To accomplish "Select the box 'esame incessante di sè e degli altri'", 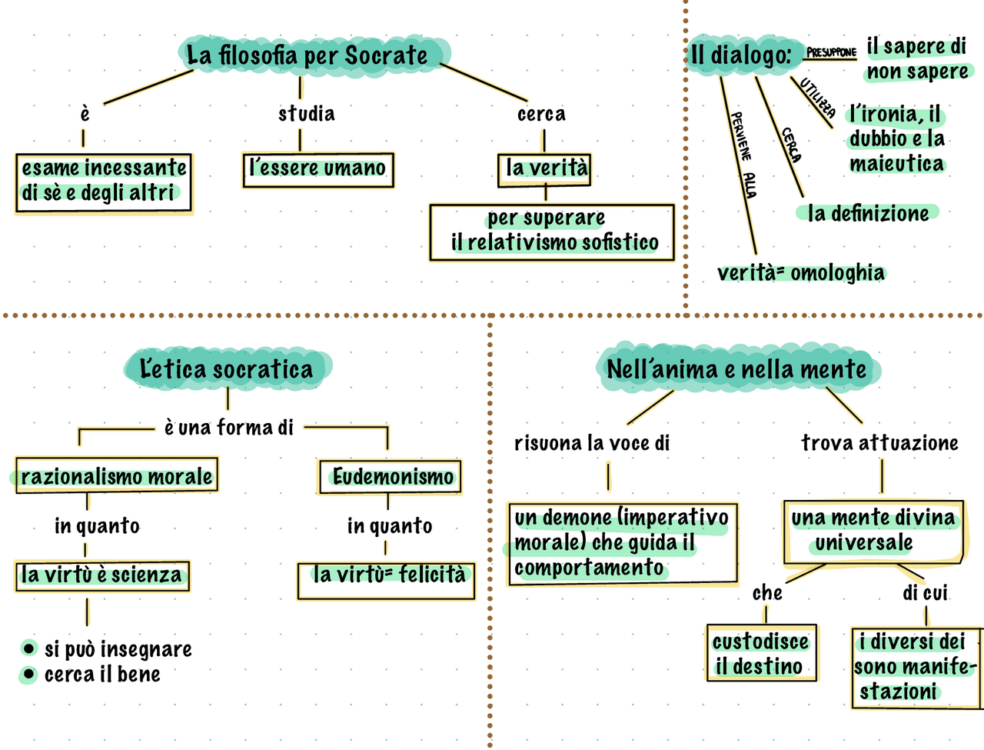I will point(104,182).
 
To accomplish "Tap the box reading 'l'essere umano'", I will point(317,168).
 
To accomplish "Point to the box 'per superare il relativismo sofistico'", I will point(551,231).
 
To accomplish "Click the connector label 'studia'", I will point(306,114).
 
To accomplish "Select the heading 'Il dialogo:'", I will point(740,55).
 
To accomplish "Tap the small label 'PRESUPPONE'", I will point(831,53).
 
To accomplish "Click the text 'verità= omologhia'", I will point(800,273).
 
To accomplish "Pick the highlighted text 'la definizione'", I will point(868,213).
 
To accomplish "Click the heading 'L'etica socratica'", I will point(227,368).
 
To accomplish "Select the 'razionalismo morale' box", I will point(116,476).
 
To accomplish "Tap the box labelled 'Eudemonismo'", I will point(391,477).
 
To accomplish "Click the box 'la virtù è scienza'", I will point(102,575).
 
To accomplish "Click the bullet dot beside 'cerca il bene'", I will point(28,675).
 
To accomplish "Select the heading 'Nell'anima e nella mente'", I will point(736,368).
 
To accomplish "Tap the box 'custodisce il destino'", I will point(761,654).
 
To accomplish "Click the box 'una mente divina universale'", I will point(873,531).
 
